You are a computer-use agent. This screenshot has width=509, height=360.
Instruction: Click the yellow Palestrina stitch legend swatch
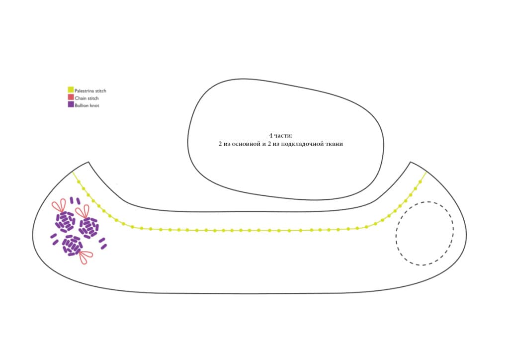[x=71, y=90]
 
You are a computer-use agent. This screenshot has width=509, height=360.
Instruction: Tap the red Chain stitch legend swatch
[x=71, y=97]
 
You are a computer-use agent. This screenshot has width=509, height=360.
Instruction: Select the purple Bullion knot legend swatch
[x=71, y=104]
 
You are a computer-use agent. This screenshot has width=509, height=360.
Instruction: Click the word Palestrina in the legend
[x=84, y=91]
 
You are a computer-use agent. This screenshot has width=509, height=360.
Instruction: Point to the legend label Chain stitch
[x=86, y=98]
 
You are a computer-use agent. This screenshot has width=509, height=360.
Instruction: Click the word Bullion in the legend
[x=82, y=105]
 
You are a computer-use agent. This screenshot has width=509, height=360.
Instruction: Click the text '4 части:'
[x=280, y=136]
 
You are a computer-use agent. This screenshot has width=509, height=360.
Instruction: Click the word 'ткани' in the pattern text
[x=335, y=144]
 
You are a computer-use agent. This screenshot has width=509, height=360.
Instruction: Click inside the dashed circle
[x=424, y=233]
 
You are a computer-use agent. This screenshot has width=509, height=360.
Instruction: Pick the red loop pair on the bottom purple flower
[x=85, y=256]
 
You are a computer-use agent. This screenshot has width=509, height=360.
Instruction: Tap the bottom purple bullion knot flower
[x=72, y=245]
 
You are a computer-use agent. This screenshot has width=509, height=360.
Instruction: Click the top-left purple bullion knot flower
[x=65, y=221]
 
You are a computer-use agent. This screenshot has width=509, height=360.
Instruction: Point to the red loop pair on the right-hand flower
[x=83, y=212]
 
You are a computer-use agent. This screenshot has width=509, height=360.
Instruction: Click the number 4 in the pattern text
[x=271, y=136]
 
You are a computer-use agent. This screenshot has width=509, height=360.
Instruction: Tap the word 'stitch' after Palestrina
[x=100, y=91]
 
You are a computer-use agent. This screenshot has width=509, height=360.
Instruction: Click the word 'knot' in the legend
[x=94, y=105]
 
